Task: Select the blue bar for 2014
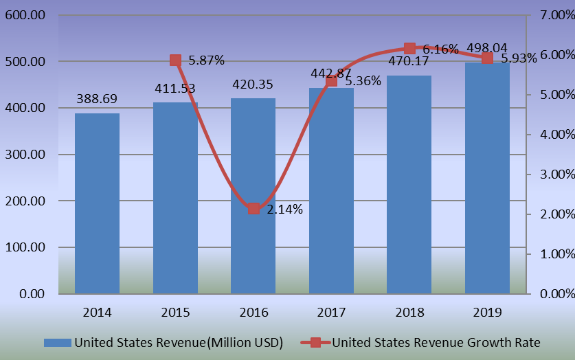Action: [97, 203]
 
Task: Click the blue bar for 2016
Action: [253, 196]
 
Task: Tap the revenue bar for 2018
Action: [409, 184]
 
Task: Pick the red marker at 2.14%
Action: [253, 208]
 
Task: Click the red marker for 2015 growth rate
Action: [175, 60]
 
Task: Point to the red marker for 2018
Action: [409, 48]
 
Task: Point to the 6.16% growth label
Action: [440, 49]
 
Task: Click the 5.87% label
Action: [207, 60]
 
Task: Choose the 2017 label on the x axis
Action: [331, 313]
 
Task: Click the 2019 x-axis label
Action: [487, 313]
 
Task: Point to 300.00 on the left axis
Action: [25, 155]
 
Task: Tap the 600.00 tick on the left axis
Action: [25, 15]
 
